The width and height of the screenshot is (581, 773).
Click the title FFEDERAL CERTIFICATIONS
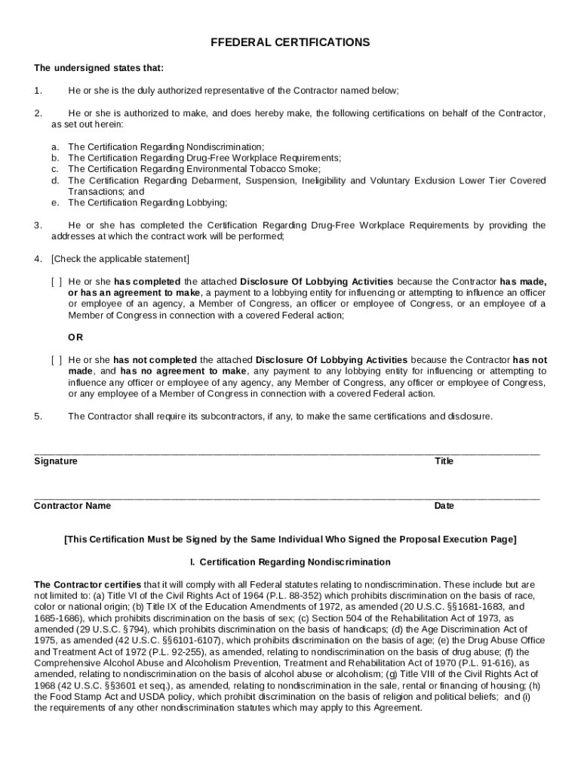(290, 43)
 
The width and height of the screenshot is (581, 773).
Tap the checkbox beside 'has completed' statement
(56, 282)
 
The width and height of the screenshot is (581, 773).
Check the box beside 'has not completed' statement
(56, 360)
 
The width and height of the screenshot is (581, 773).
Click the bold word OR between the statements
(75, 337)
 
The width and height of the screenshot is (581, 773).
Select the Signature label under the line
(55, 461)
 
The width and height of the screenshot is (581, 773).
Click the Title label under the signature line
(444, 461)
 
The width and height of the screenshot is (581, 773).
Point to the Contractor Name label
(72, 506)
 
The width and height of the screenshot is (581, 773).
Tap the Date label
(444, 506)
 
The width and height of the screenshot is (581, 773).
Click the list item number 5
(38, 416)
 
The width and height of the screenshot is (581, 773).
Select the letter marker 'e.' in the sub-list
(55, 203)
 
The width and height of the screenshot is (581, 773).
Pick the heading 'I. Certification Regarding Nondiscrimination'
(290, 562)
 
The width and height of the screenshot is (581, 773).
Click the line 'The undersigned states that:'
(99, 68)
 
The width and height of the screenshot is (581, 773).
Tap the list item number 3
(38, 225)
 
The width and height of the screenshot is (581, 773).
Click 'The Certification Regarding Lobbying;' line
(147, 203)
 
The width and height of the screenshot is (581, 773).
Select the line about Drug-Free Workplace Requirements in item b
(204, 158)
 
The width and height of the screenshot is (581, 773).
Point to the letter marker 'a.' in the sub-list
(55, 146)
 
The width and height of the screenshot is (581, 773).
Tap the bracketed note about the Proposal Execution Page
(290, 540)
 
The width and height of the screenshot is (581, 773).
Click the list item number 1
(38, 91)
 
